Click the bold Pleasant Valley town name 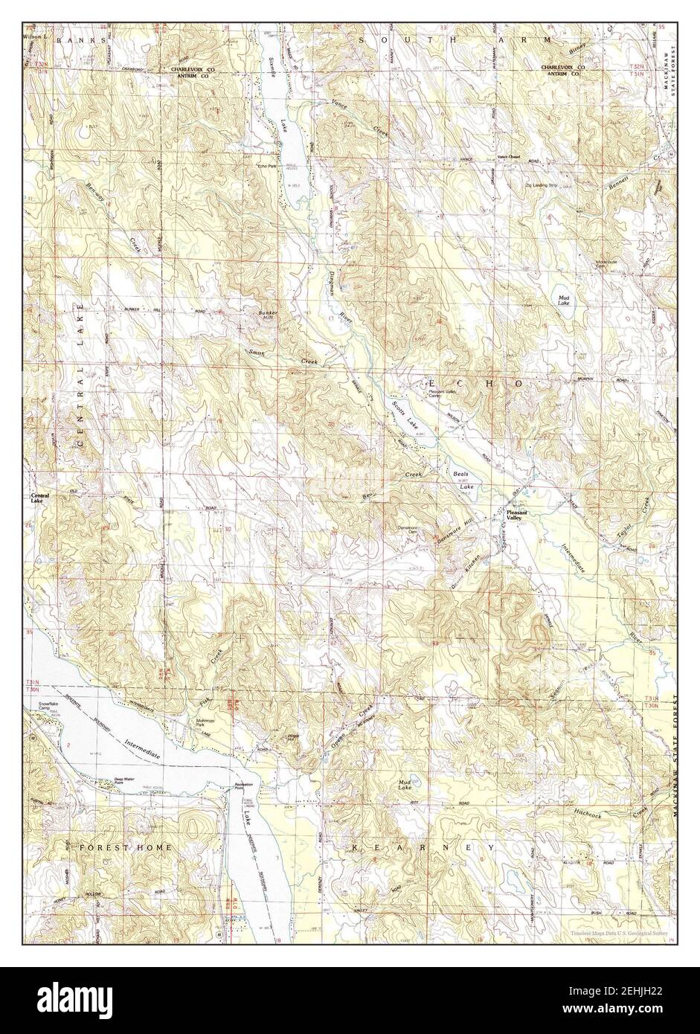click(x=519, y=516)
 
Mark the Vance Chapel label click(x=511, y=156)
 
